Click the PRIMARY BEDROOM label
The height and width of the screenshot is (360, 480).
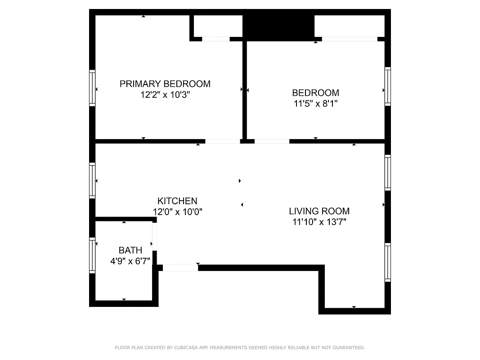[x=165, y=84]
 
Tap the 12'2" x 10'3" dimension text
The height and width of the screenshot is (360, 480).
[x=165, y=95]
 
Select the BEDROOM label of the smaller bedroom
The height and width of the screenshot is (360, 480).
[x=315, y=93]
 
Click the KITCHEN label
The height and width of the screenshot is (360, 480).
[x=177, y=201]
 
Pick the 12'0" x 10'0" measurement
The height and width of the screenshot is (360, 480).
[x=177, y=212]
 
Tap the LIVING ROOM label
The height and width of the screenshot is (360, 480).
[x=319, y=211]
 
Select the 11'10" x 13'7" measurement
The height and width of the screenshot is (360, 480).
[x=319, y=222]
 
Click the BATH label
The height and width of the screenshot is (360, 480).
[x=130, y=250]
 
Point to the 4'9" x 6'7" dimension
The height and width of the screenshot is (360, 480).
[x=130, y=261]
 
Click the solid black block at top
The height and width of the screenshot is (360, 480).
[x=278, y=25]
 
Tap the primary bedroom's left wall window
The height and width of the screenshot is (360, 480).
[x=92, y=88]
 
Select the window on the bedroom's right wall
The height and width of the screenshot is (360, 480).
[x=387, y=86]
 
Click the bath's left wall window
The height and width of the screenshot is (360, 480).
[x=92, y=255]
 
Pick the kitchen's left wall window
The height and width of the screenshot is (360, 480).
[x=92, y=180]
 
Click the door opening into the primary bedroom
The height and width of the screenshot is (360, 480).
[x=223, y=141]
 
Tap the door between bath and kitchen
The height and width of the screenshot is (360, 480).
[x=154, y=243]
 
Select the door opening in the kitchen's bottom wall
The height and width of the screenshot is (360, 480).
[x=180, y=268]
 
